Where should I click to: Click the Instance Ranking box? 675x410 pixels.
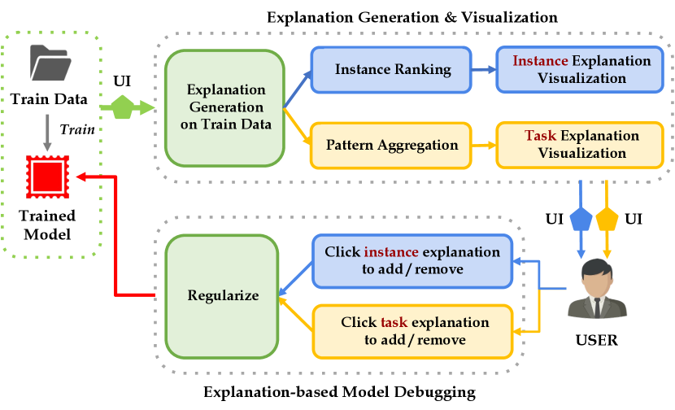pos(393,70)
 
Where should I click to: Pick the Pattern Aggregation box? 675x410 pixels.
pos(392,145)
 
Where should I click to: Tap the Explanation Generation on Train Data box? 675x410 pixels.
pos(224,107)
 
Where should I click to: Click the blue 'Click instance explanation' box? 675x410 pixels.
pos(412,260)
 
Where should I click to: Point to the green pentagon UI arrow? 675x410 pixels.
pos(121,107)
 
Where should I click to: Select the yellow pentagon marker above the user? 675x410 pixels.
pos(607,219)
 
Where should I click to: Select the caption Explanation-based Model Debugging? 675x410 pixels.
pos(338,394)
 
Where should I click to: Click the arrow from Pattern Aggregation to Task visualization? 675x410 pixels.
pos(483,145)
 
